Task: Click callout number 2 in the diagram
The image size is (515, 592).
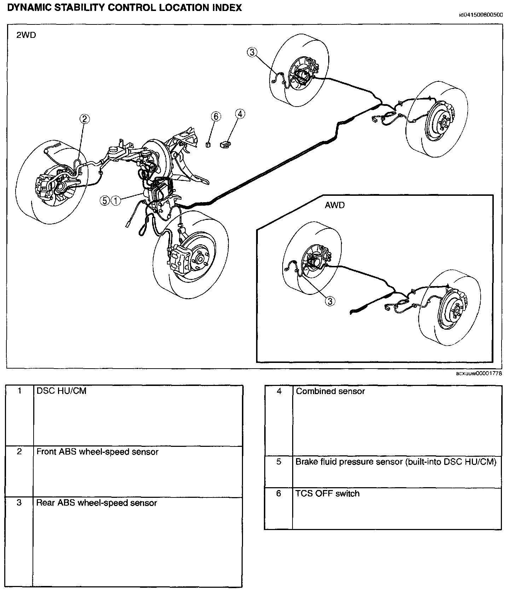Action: pyautogui.click(x=84, y=119)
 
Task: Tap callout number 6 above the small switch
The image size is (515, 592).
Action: pyautogui.click(x=216, y=116)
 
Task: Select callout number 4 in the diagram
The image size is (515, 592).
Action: pyautogui.click(x=240, y=114)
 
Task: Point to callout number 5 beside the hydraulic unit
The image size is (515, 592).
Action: pyautogui.click(x=105, y=200)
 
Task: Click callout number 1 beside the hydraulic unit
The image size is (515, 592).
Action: pyautogui.click(x=116, y=200)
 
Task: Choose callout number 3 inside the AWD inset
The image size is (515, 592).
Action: pyautogui.click(x=330, y=301)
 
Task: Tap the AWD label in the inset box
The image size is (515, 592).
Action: pyautogui.click(x=335, y=205)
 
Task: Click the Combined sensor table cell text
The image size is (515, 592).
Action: pyautogui.click(x=330, y=391)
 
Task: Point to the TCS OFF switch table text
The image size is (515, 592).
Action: pyautogui.click(x=327, y=493)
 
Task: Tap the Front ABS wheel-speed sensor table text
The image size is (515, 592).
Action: pyautogui.click(x=97, y=452)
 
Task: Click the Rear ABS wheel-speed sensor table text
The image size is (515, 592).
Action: pyautogui.click(x=97, y=503)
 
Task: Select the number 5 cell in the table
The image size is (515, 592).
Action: pyautogui.click(x=279, y=462)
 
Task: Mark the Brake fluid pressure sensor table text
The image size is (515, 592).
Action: pyautogui.click(x=396, y=462)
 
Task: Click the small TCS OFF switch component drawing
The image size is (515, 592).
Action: pyautogui.click(x=208, y=144)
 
